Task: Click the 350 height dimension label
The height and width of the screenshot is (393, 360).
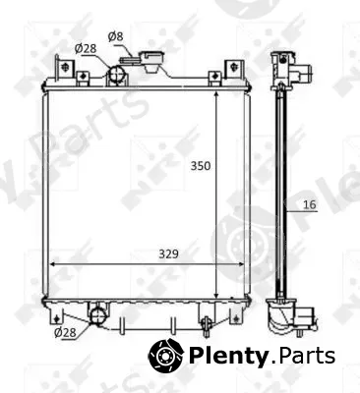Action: click(201, 166)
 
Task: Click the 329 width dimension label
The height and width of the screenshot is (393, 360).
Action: click(169, 253)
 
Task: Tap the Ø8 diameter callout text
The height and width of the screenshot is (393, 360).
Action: click(116, 36)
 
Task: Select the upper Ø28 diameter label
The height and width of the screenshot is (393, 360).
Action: click(86, 49)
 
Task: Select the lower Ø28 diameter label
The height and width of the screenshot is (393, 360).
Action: click(65, 333)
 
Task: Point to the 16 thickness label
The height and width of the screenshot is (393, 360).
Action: click(310, 204)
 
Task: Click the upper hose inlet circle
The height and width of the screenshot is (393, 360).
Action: click(116, 74)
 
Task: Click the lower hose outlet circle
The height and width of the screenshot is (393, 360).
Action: click(98, 315)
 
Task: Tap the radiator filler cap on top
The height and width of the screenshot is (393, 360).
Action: click(151, 61)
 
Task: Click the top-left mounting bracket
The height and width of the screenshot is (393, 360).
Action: click(65, 68)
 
